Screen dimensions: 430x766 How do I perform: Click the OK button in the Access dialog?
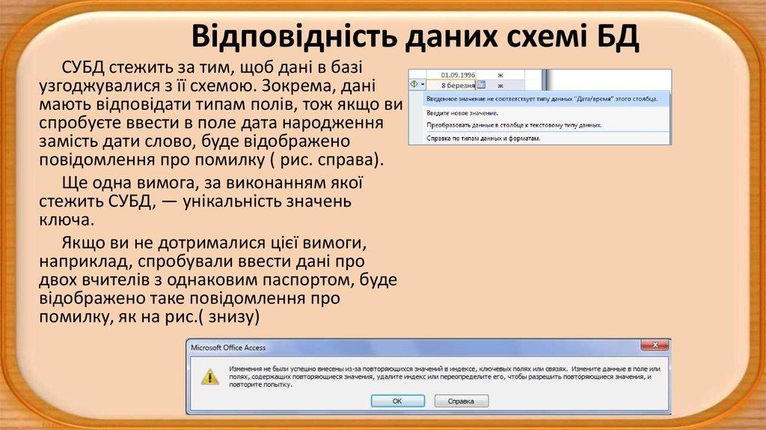click(397, 401)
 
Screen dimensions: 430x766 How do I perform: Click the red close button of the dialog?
click(655, 345)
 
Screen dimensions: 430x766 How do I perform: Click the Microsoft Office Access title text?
click(228, 348)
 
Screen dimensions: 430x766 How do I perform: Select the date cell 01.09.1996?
click(458, 75)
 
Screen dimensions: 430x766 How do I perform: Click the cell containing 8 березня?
click(458, 85)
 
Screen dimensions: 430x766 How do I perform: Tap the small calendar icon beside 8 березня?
click(481, 85)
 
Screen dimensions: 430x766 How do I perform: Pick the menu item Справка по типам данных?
click(483, 139)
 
